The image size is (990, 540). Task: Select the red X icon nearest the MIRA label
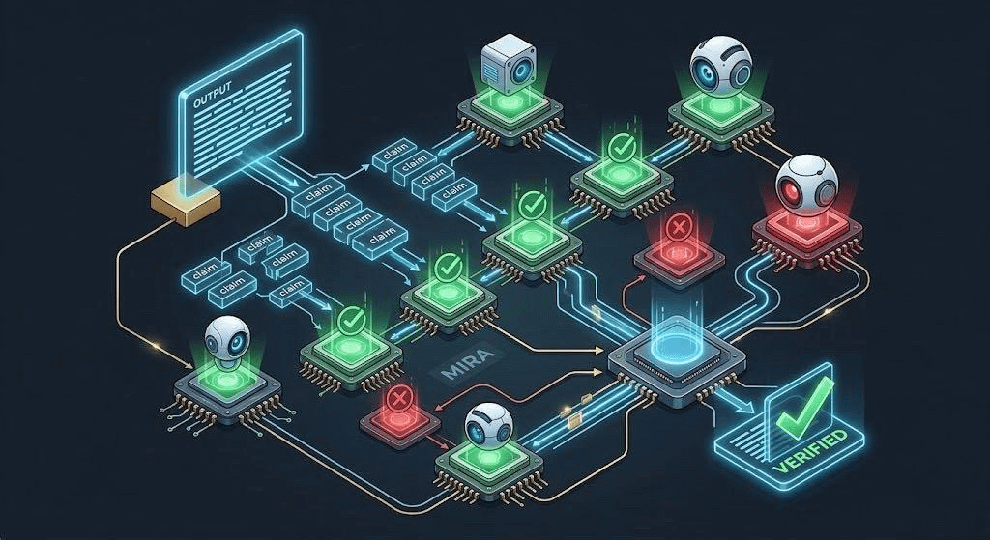397,400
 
